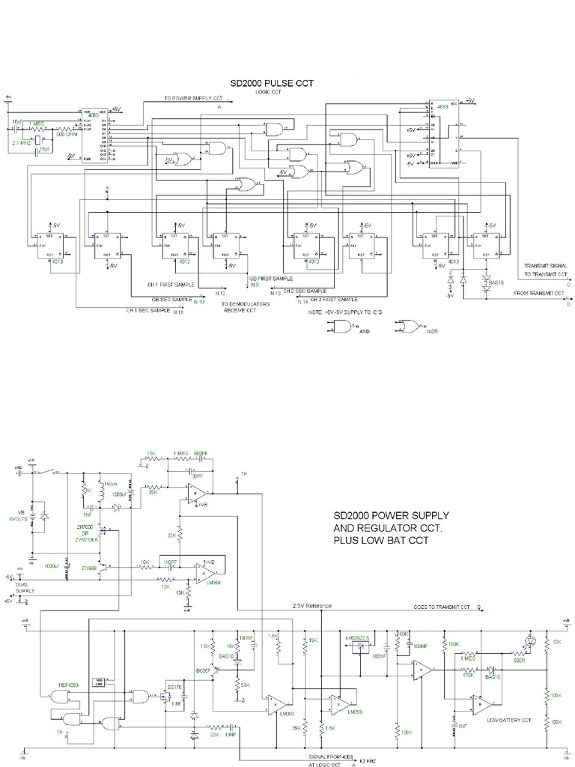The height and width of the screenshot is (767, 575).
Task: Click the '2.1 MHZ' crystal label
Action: [x=20, y=142]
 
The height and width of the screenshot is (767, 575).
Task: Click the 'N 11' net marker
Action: [x=178, y=312]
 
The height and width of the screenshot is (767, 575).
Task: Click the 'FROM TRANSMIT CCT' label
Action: [x=540, y=294]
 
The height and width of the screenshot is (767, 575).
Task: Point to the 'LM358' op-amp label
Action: [x=212, y=582]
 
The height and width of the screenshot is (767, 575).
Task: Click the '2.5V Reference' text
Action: [x=313, y=605]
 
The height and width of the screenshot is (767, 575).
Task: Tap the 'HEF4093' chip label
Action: [x=70, y=685]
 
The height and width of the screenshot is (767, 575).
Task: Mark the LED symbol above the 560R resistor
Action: [x=532, y=642]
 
